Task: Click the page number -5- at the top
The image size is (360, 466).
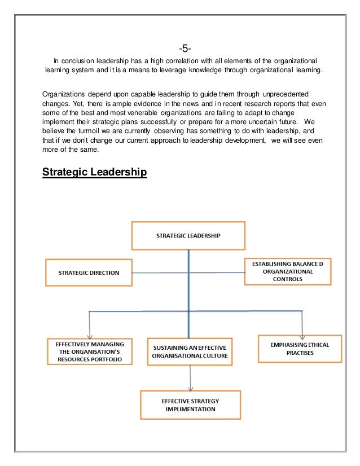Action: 179,46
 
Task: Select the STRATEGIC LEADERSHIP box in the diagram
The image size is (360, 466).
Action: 188,235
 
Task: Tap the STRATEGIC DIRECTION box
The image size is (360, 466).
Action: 89,272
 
